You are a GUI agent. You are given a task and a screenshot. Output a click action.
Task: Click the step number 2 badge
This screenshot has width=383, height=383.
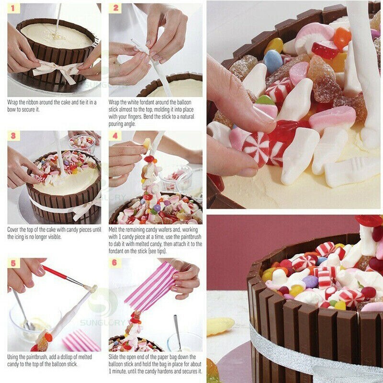(114, 9)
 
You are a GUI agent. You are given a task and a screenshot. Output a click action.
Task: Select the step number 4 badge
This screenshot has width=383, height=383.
(114, 136)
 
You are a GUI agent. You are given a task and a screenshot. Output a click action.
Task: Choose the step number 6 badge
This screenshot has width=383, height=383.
(114, 263)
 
